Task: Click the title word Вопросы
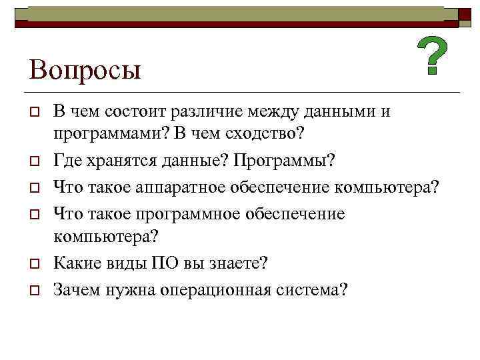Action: pos(85,69)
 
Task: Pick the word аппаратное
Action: pos(178,187)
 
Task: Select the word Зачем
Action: pos(78,290)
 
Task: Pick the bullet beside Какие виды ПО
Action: pos(33,264)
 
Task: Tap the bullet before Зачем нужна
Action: pos(33,291)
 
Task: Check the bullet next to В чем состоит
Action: pos(33,112)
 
